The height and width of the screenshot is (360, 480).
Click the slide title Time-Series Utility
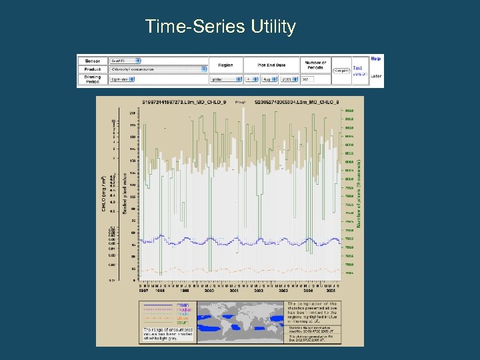point(220,27)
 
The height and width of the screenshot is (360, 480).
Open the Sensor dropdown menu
point(121,60)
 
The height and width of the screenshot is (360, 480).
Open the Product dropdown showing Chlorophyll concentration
point(157,69)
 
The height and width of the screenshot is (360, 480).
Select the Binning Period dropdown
point(121,79)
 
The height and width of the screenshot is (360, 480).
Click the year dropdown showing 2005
point(291,79)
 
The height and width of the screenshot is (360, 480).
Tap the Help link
point(377,59)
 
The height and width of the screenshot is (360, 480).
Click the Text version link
point(359,71)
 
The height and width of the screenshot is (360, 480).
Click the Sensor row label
point(93,60)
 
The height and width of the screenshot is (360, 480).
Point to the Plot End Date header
point(272,64)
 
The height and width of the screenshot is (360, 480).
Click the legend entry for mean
point(181,305)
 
